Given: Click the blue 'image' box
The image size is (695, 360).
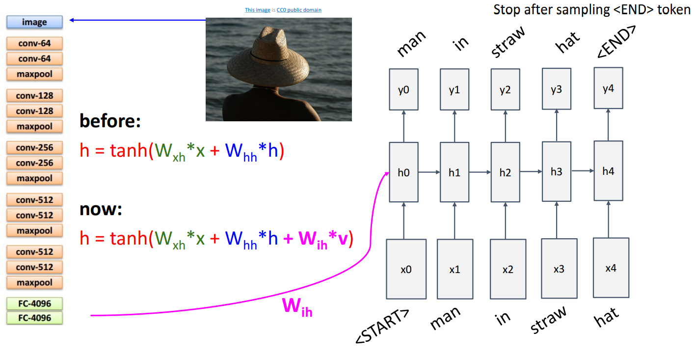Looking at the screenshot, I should (x=34, y=22).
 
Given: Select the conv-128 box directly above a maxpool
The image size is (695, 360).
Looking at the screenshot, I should (x=34, y=111).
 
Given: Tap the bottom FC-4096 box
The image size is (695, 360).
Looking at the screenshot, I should (x=34, y=318).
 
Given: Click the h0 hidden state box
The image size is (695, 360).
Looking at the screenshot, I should (x=403, y=172).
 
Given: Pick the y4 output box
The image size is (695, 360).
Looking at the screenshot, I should (x=608, y=89).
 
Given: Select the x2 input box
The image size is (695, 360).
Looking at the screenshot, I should (x=508, y=269).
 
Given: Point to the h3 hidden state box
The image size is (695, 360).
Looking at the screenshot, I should (x=556, y=171).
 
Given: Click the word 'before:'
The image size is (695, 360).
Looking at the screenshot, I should (x=110, y=121).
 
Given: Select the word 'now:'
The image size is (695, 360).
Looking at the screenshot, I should (x=101, y=210).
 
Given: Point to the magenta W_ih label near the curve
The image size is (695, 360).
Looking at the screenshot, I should (x=297, y=307).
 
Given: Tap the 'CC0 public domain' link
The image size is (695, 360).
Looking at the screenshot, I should (x=299, y=10).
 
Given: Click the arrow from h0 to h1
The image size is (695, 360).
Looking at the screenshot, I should (x=428, y=172).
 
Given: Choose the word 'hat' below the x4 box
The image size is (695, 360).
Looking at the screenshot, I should (x=606, y=317).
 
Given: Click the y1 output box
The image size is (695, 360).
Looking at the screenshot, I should (x=454, y=90).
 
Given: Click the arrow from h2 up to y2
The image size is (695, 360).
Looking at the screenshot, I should (x=505, y=126).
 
